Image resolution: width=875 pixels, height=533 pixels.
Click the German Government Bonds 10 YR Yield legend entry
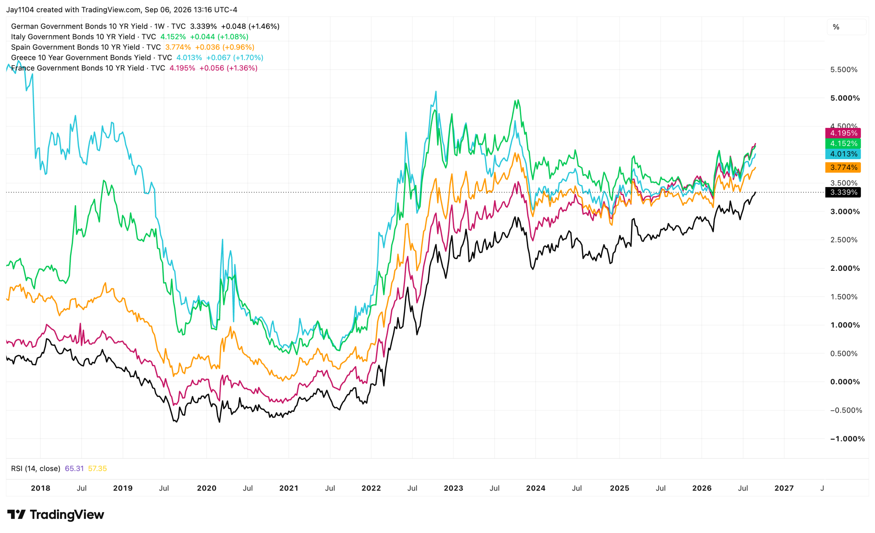[x=145, y=26]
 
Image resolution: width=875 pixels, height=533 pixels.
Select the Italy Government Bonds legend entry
[x=130, y=37]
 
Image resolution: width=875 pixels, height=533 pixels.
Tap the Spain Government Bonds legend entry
[x=133, y=47]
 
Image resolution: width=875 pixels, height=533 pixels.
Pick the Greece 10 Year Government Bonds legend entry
[x=137, y=57]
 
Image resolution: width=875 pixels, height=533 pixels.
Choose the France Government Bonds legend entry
[x=134, y=68]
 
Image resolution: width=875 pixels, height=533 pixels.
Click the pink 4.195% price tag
[x=843, y=133]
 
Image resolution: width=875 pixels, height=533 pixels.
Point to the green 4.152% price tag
[x=843, y=144]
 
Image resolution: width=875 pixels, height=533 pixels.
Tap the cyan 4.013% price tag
[x=843, y=154]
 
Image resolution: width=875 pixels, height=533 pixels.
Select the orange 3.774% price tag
[x=843, y=167]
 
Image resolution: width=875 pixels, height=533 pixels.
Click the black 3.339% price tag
[x=843, y=192]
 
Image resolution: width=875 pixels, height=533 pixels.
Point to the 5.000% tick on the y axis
[x=845, y=98]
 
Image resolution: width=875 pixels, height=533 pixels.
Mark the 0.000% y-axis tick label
[x=845, y=382]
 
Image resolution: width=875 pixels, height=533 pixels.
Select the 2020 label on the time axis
[x=207, y=488]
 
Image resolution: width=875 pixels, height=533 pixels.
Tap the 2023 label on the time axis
[x=454, y=488]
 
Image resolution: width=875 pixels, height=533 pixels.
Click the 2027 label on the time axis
[x=784, y=488]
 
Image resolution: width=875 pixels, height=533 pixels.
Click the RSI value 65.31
[x=74, y=469]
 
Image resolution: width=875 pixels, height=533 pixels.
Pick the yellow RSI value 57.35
[x=97, y=469]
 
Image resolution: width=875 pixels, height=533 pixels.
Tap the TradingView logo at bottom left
[x=56, y=515]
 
